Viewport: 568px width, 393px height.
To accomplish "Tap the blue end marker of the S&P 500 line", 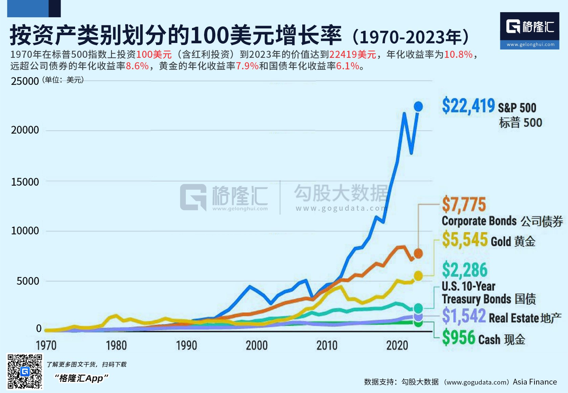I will click(418, 107).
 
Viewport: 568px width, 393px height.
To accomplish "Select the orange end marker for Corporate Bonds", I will click(418, 253).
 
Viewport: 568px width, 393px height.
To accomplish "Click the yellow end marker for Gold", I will click(418, 276).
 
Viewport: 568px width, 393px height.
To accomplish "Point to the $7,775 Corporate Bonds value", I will click(464, 205).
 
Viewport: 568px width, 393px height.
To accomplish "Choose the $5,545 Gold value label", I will click(465, 240).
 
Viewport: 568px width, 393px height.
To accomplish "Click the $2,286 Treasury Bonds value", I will click(464, 270).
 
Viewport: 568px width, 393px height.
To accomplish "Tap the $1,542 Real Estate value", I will click(464, 316).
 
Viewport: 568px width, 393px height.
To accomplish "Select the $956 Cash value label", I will click(459, 338).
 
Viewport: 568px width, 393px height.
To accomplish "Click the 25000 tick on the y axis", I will click(25, 82).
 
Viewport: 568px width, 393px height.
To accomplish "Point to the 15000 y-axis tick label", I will click(25, 182).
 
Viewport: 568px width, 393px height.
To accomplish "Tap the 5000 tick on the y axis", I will click(28, 281).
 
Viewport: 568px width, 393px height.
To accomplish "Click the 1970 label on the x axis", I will click(46, 345).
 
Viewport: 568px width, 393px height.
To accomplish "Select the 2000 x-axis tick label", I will click(257, 345).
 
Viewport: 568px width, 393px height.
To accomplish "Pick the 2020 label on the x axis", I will click(397, 345).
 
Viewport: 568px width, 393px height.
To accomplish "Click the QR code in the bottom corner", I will click(25, 371).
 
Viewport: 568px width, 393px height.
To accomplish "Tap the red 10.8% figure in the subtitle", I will click(458, 54).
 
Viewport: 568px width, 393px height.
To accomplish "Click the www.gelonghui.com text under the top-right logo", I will click(530, 44).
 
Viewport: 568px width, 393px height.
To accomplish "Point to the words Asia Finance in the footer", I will click(535, 382).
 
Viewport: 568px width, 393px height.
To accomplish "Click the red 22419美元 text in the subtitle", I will click(352, 54).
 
